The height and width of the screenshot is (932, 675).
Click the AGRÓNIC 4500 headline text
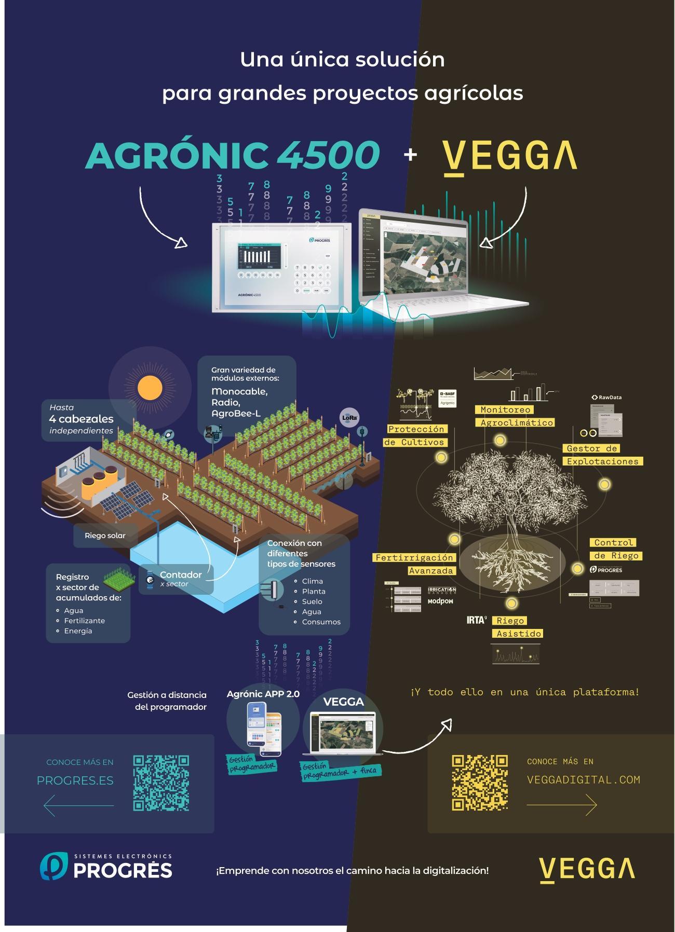(x=232, y=155)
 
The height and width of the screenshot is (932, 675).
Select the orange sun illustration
(x=150, y=387)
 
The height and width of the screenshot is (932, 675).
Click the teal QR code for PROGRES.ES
(x=161, y=783)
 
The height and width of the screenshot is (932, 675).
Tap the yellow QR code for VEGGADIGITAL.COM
(x=480, y=782)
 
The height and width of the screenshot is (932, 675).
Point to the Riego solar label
(x=105, y=536)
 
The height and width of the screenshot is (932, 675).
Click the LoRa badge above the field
(x=348, y=417)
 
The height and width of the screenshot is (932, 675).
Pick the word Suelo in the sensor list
(x=312, y=601)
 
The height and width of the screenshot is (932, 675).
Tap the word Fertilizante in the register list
(x=84, y=621)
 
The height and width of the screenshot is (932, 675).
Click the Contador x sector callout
(x=177, y=579)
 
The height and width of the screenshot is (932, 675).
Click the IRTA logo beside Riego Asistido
(x=477, y=620)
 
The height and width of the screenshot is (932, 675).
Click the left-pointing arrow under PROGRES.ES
(x=78, y=805)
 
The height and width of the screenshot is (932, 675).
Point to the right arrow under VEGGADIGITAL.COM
(x=562, y=805)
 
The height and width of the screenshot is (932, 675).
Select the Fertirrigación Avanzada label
(x=414, y=564)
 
